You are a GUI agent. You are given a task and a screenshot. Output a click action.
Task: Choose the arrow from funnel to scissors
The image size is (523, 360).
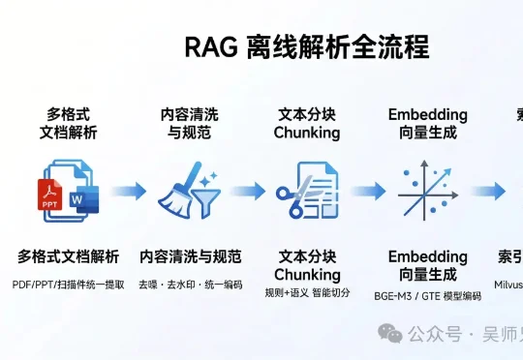[247, 190]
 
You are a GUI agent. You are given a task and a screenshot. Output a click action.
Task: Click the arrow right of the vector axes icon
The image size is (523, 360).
[492, 190]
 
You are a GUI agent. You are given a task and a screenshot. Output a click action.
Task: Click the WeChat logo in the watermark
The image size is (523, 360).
[390, 334]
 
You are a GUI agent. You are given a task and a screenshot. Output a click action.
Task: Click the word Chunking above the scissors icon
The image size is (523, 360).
[307, 133]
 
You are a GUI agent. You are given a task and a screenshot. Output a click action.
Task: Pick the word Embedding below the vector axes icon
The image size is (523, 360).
[427, 256]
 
